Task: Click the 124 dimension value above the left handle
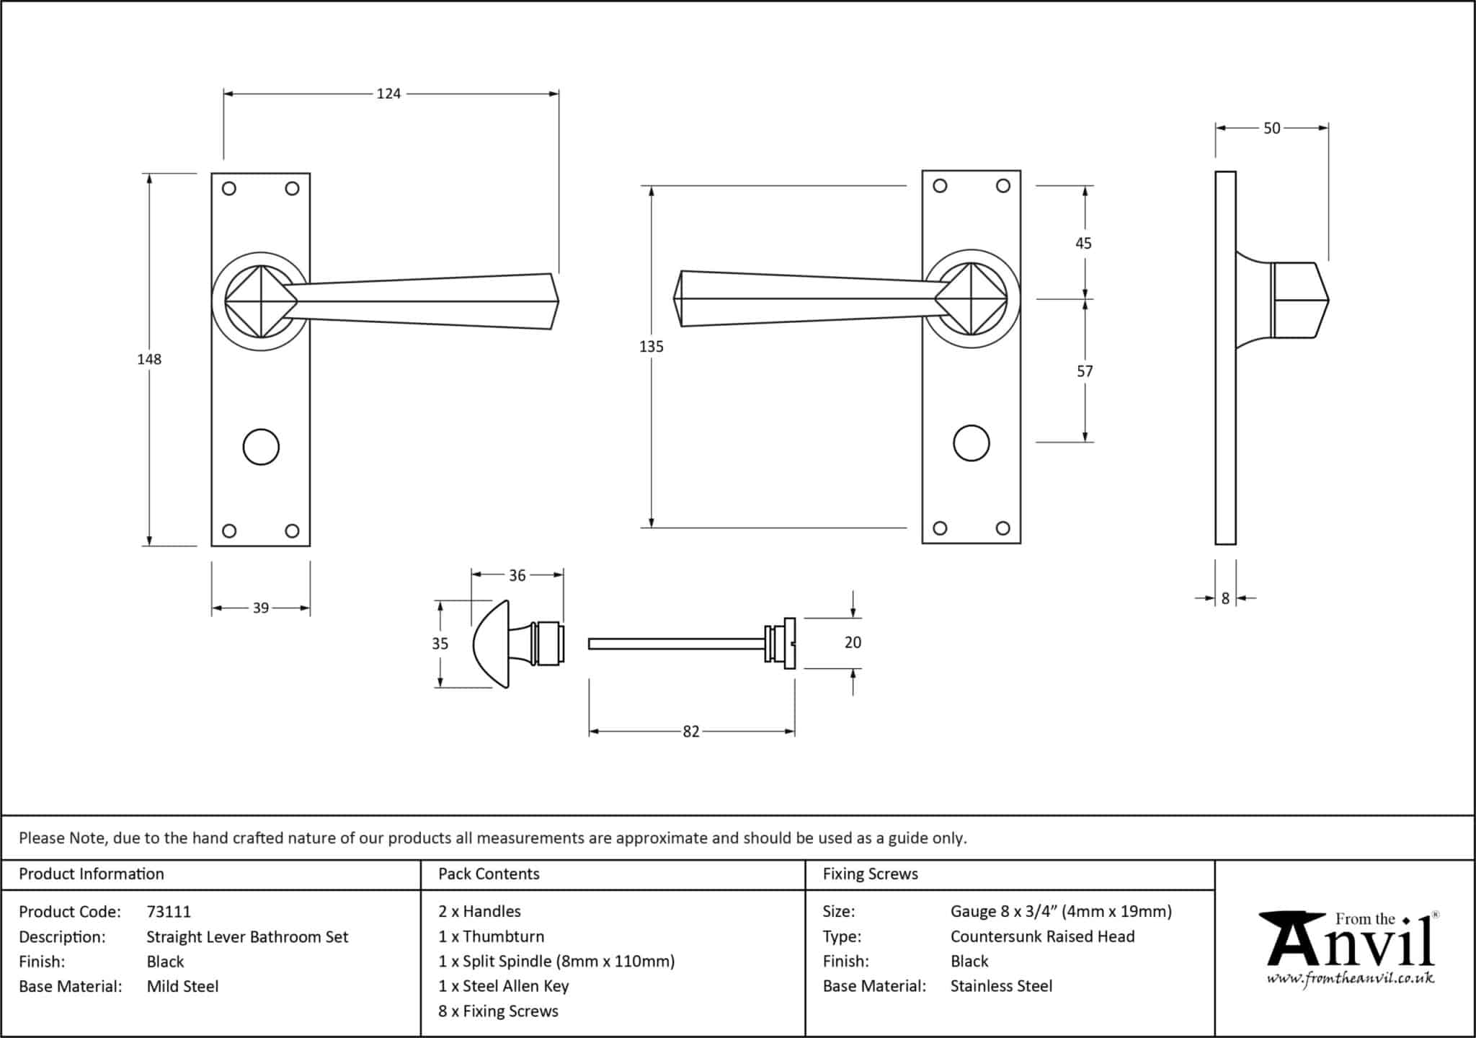pos(388,94)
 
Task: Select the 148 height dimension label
pos(149,359)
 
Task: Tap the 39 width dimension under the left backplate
pos(260,608)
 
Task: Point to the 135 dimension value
pos(651,347)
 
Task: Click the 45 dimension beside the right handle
pos(1083,244)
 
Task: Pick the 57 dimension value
pos(1084,371)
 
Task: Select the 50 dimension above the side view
pos(1271,128)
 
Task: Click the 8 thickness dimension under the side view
pos(1225,598)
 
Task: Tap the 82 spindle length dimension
pos(690,732)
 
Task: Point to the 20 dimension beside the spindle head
pos(853,642)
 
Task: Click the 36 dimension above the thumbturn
pos(517,575)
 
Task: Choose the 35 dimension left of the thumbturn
pos(440,644)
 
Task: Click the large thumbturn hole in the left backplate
pos(261,447)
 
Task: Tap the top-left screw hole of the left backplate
pos(229,189)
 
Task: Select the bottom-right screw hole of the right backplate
pos(1002,528)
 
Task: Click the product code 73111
pos(169,912)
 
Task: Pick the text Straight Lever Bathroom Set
pos(247,937)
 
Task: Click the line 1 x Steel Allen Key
pos(503,986)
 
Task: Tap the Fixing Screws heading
pos(870,874)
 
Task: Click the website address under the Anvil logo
pos(1350,978)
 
